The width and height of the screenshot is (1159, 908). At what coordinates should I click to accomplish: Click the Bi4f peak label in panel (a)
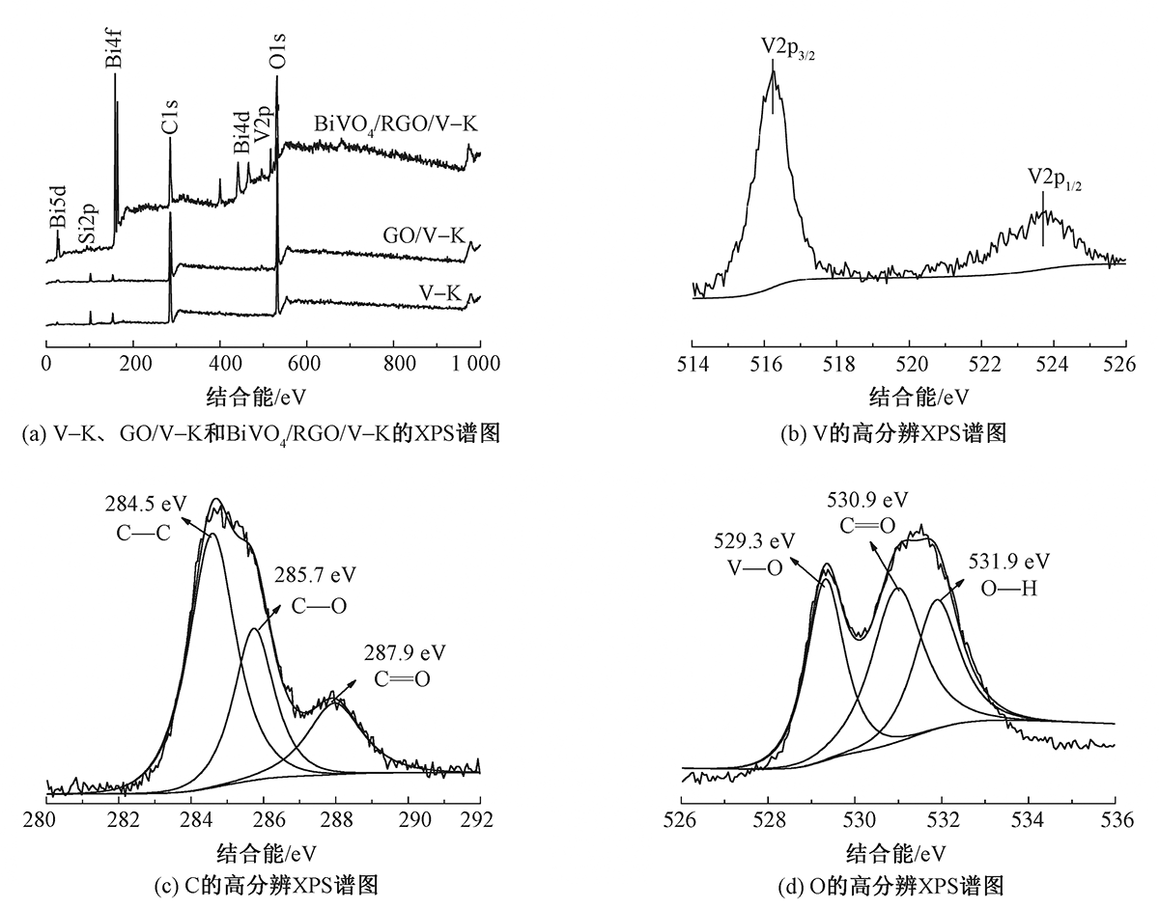pyautogui.click(x=114, y=47)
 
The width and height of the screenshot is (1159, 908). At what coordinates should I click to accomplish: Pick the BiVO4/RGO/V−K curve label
pyautogui.click(x=397, y=124)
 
